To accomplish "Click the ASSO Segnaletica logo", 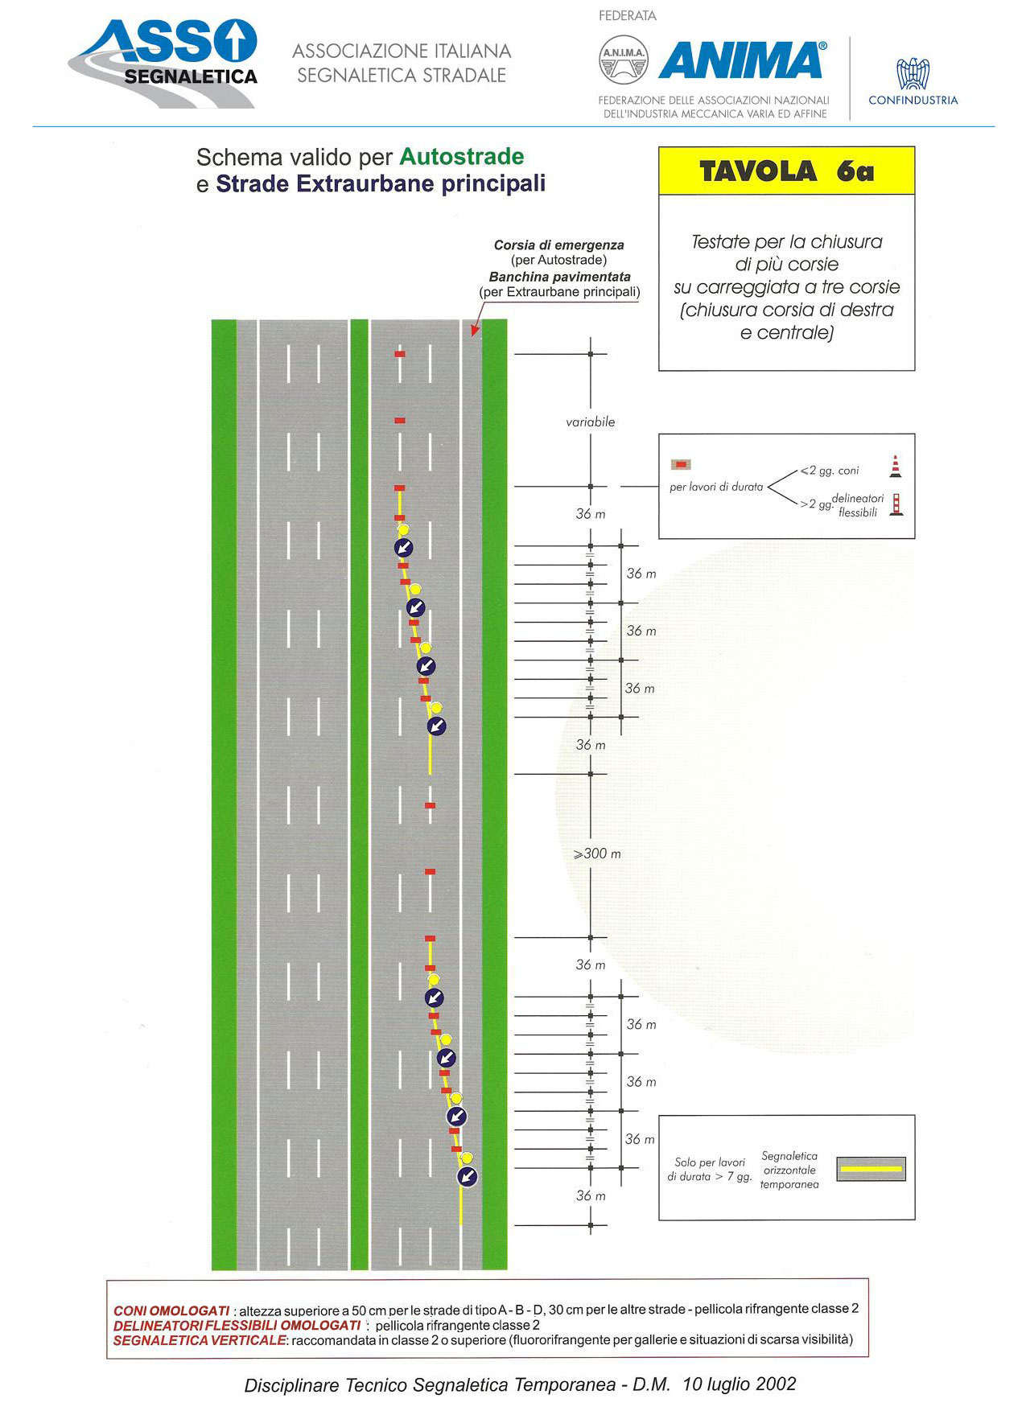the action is (x=163, y=63).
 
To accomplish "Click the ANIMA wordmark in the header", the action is (x=742, y=60).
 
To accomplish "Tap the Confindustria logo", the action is (x=913, y=81).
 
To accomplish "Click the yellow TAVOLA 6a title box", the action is (x=787, y=171).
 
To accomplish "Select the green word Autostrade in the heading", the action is (x=462, y=156).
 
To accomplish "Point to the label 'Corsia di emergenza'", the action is (x=559, y=245).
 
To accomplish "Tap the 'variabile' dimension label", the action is (x=591, y=422).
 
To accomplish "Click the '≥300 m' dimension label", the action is (x=597, y=854).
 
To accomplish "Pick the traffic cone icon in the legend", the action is (x=895, y=467).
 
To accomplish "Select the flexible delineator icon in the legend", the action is (x=896, y=504).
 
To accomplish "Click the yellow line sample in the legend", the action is (x=871, y=1169).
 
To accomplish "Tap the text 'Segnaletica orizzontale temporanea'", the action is (x=789, y=1170).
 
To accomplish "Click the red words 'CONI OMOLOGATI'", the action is (x=171, y=1311).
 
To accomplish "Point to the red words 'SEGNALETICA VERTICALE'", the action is (x=200, y=1340).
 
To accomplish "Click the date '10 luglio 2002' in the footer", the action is (x=740, y=1384).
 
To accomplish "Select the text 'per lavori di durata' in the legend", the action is (x=716, y=487).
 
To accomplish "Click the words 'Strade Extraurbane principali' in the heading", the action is (x=381, y=184).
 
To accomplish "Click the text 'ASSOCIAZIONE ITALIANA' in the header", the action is (x=402, y=51).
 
